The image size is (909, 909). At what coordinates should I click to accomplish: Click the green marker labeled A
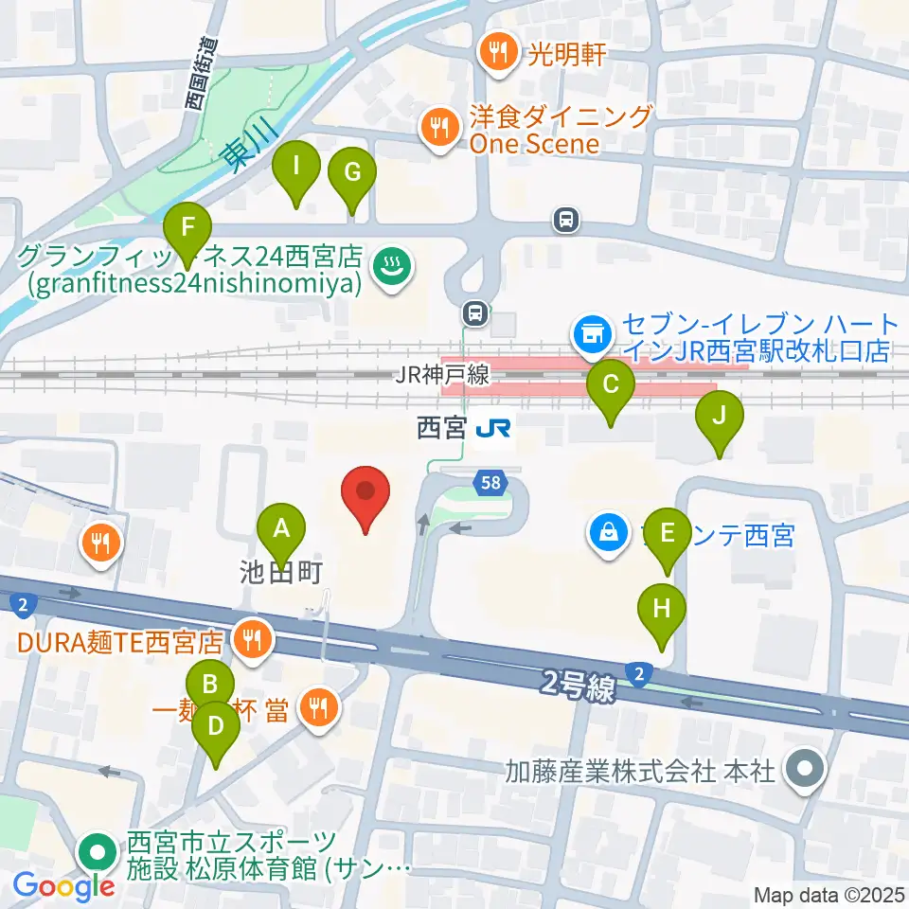coord(280,527)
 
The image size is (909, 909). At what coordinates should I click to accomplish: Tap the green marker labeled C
coord(611,385)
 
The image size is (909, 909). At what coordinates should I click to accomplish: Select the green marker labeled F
coord(187,228)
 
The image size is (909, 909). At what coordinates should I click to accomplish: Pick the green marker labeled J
coord(720,416)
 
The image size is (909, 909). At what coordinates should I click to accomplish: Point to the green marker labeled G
coord(352,173)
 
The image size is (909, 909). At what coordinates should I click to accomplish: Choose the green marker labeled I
coord(296,167)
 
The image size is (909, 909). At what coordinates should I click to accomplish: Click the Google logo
coord(64,885)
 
